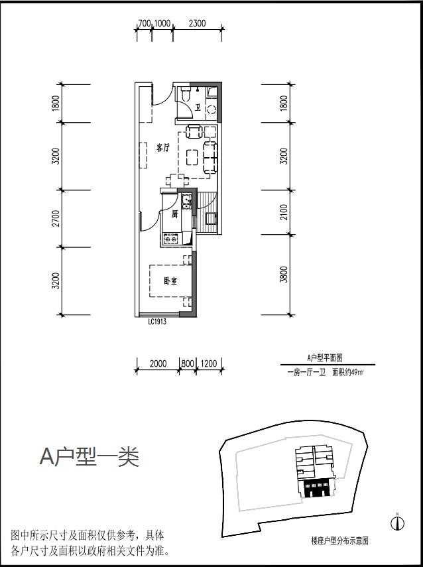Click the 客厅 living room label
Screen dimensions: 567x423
(x=163, y=149)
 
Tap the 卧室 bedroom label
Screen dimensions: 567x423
(x=170, y=281)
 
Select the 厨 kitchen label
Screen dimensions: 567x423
(x=174, y=214)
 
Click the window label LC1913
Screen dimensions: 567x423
(x=156, y=322)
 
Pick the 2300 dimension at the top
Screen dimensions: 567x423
(x=197, y=23)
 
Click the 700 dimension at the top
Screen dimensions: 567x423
(x=144, y=23)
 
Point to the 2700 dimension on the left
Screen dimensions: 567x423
(x=56, y=219)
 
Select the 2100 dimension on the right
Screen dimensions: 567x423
(x=284, y=212)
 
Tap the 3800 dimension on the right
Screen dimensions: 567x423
(x=284, y=274)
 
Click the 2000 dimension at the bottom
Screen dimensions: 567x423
(x=158, y=363)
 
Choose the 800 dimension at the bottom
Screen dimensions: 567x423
(x=188, y=363)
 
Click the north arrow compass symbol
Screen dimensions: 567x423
(x=397, y=523)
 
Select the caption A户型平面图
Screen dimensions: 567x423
(x=324, y=357)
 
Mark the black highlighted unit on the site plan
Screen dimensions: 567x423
(x=316, y=489)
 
